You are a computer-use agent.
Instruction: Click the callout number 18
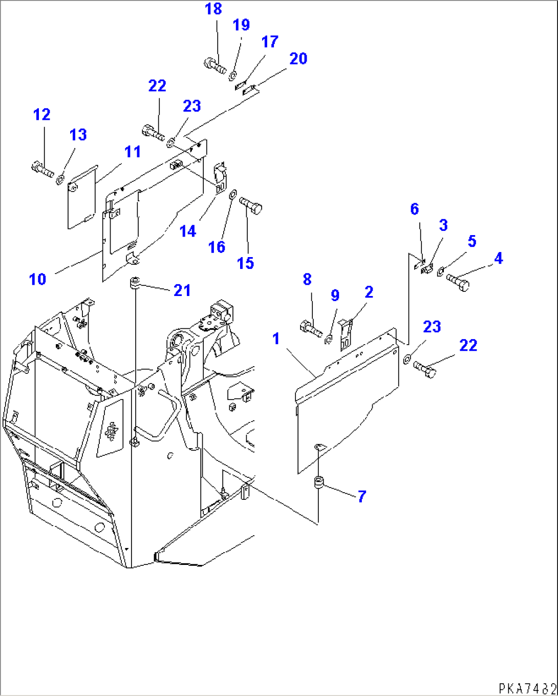[x=213, y=9]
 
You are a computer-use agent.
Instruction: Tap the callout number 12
[x=42, y=115]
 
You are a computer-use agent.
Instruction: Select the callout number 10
[x=38, y=280]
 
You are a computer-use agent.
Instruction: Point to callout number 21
[x=182, y=290]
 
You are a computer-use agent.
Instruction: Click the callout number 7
[x=362, y=496]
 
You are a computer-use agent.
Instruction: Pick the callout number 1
[x=276, y=339]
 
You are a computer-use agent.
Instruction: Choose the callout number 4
[x=498, y=259]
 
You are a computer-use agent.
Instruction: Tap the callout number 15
[x=245, y=263]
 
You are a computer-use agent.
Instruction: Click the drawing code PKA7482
[x=527, y=687]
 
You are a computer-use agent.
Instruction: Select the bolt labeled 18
[x=215, y=66]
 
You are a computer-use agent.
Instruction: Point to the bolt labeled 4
[x=458, y=282]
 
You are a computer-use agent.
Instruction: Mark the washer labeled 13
[x=60, y=179]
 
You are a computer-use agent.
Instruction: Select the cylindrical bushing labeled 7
[x=319, y=482]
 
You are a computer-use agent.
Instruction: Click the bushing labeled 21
[x=135, y=282]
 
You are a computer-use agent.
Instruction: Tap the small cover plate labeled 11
[x=83, y=196]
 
